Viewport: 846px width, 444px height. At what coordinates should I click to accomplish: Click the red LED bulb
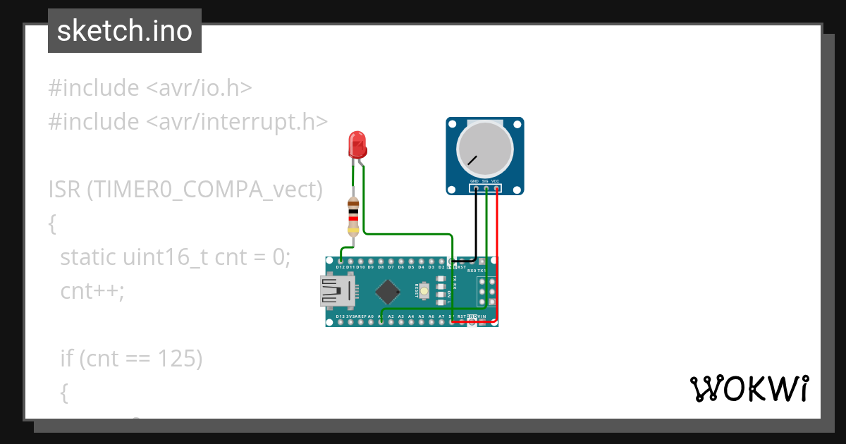click(358, 145)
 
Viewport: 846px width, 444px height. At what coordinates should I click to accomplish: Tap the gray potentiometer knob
click(484, 149)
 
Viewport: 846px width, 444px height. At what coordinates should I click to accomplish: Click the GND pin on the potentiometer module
click(474, 188)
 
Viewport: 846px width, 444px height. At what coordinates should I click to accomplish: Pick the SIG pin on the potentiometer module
click(486, 188)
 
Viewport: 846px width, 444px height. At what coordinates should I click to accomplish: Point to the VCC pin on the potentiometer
click(496, 188)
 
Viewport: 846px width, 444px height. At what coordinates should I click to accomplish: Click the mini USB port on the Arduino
click(336, 291)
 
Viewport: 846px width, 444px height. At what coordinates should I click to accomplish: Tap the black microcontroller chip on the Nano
click(387, 291)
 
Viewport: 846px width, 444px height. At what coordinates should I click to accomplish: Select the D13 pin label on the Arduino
click(341, 317)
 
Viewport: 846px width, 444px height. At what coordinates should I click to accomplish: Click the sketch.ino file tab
click(125, 31)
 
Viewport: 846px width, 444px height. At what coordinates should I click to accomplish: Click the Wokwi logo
click(749, 388)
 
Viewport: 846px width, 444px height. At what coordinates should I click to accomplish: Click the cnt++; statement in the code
click(92, 291)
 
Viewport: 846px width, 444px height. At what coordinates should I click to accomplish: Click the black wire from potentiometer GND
click(475, 226)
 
